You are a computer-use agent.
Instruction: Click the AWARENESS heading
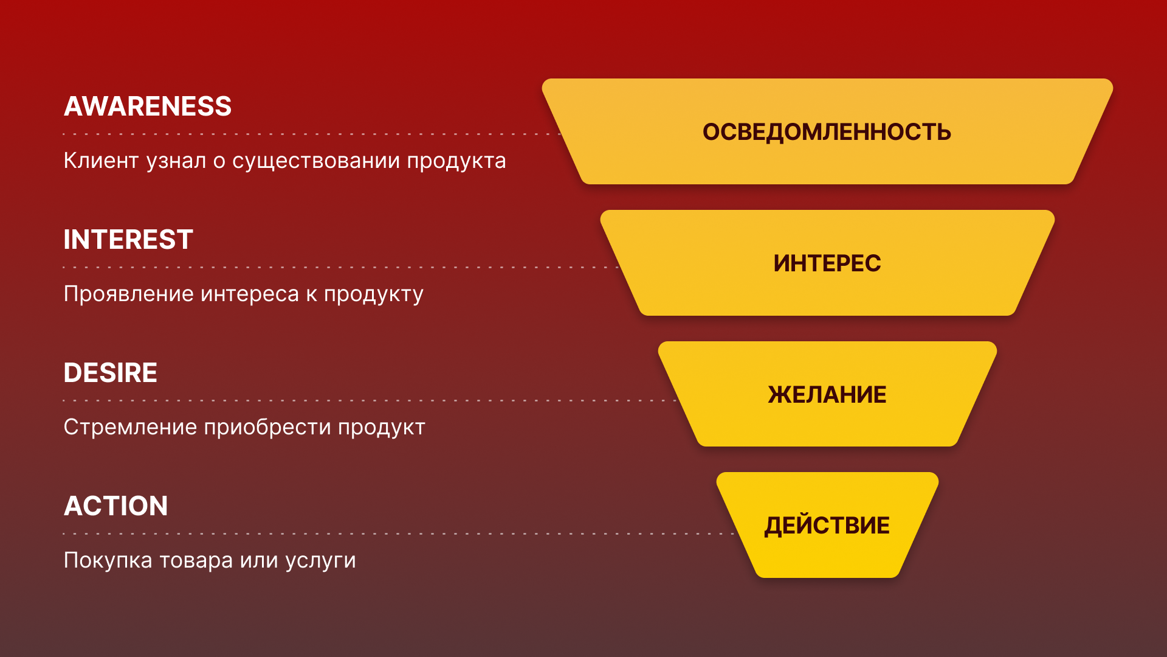[148, 106]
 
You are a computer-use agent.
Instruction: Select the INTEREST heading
[128, 240]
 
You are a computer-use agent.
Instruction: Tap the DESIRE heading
[110, 373]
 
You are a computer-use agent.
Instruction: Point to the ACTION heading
[115, 506]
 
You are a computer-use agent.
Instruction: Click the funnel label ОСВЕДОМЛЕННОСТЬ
[827, 132]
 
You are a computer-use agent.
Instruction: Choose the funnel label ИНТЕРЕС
[827, 263]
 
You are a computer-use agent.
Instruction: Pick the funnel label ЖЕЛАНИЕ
[827, 395]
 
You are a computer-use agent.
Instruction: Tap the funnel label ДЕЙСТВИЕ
[827, 526]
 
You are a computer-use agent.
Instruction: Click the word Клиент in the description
[101, 161]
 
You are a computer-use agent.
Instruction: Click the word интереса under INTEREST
[250, 294]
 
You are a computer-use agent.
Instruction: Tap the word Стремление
[130, 427]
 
